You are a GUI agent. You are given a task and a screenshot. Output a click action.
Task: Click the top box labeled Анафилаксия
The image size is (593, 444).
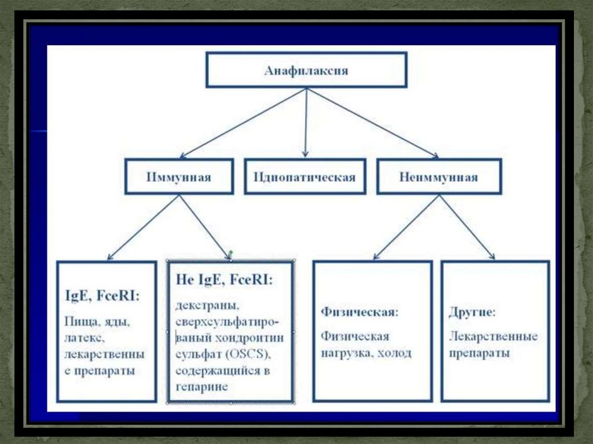pyautogui.click(x=306, y=70)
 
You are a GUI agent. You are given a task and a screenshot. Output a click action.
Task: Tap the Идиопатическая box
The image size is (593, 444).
pyautogui.click(x=305, y=176)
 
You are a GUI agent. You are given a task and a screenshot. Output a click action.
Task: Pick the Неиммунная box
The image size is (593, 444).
pyautogui.click(x=439, y=176)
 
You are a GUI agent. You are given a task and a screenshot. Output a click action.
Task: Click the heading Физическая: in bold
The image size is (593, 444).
pyautogui.click(x=359, y=313)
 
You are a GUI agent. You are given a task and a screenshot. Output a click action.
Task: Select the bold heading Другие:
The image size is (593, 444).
pyautogui.click(x=472, y=313)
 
